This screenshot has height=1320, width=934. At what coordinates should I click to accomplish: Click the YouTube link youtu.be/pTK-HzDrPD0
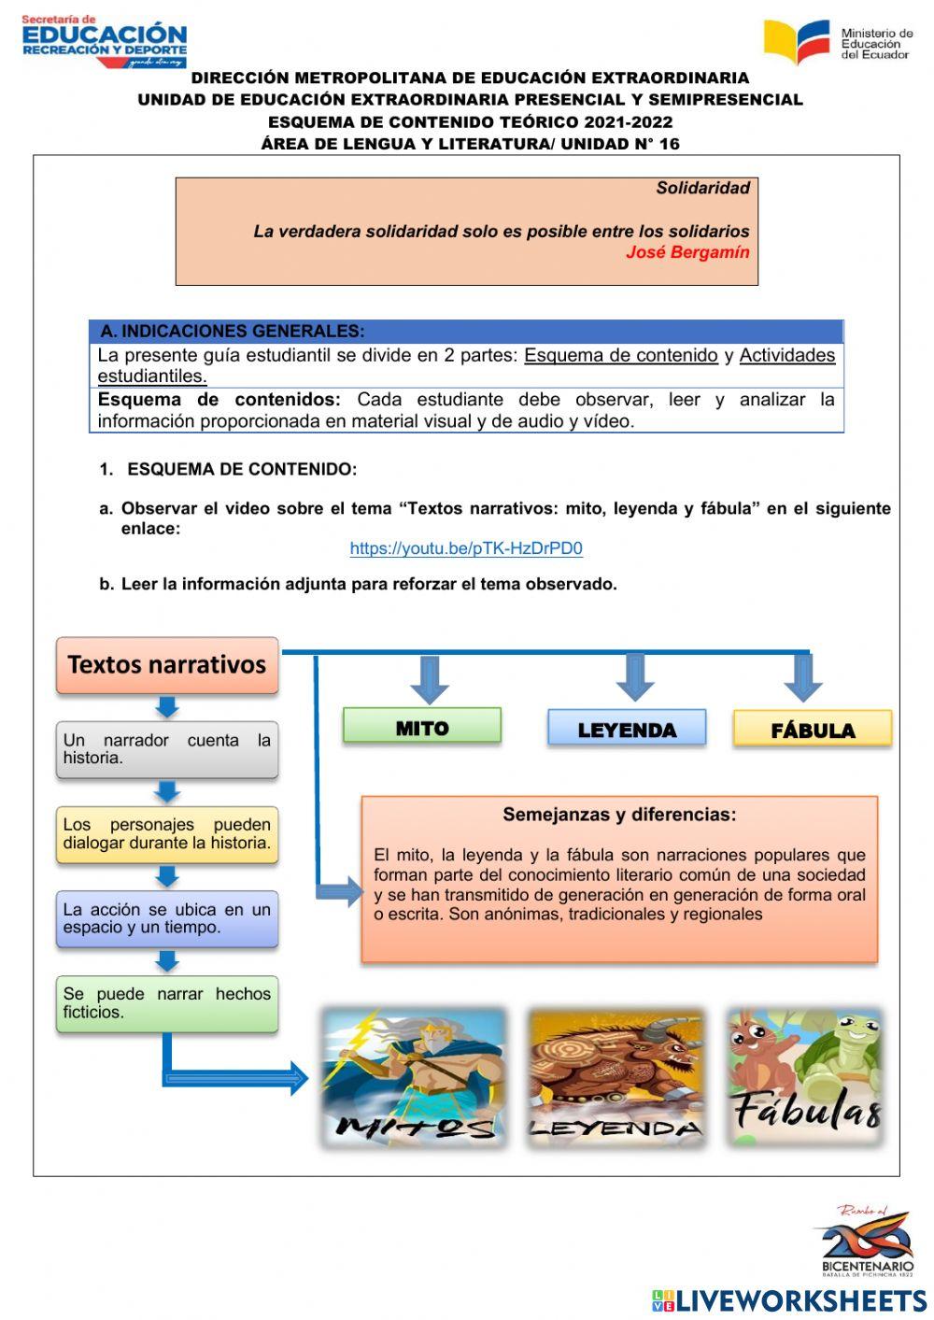tap(466, 548)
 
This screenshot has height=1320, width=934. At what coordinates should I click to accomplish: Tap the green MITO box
tap(422, 727)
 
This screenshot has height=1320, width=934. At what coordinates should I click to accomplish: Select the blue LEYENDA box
tap(626, 729)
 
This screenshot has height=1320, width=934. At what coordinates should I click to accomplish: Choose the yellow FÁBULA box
tap(813, 730)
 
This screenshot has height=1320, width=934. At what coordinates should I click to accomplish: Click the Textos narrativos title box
tap(167, 665)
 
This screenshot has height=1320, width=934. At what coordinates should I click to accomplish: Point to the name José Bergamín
tap(687, 251)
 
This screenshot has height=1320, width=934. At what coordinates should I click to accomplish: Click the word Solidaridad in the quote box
tap(702, 188)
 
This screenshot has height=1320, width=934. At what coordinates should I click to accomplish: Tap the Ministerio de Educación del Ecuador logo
tap(838, 42)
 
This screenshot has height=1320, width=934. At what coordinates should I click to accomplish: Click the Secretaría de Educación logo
tap(104, 41)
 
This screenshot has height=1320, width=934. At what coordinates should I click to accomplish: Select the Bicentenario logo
tap(866, 1242)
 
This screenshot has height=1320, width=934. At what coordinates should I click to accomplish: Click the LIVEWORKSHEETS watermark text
tap(800, 1300)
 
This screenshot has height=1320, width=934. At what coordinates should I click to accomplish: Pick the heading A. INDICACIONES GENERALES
tap(233, 331)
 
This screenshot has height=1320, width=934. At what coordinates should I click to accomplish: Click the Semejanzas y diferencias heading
tap(619, 815)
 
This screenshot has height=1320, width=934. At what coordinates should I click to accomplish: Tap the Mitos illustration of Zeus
tap(414, 1077)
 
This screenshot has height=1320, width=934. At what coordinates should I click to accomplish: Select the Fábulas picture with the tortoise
tap(805, 1077)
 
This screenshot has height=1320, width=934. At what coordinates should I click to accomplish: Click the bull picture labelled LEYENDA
tap(615, 1077)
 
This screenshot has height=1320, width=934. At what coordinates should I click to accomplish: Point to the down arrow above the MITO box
tap(430, 679)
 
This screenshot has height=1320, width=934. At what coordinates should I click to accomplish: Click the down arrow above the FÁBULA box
tap(802, 677)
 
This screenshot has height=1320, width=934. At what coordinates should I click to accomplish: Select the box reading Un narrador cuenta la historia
tap(167, 749)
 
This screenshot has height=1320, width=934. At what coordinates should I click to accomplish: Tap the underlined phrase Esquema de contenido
tap(620, 355)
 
